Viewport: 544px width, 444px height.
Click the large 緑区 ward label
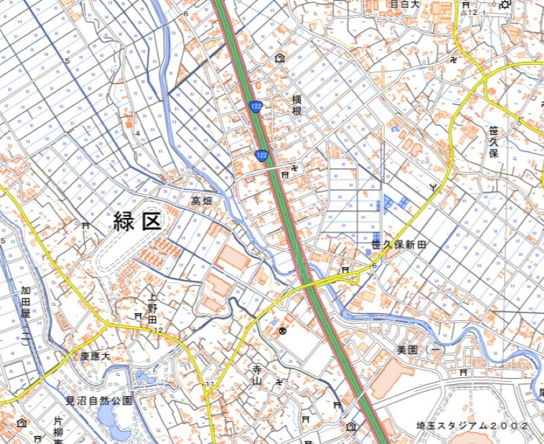(137, 221)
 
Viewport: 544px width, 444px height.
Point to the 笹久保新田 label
(398, 244)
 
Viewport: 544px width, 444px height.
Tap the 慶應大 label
(95, 356)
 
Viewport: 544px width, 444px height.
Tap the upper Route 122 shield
(256, 107)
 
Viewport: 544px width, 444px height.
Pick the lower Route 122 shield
(261, 156)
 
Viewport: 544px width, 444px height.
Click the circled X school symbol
(282, 332)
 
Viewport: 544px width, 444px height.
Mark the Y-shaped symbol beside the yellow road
(432, 186)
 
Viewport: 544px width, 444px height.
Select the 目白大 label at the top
(406, 4)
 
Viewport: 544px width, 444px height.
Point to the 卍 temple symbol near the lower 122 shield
(294, 166)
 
